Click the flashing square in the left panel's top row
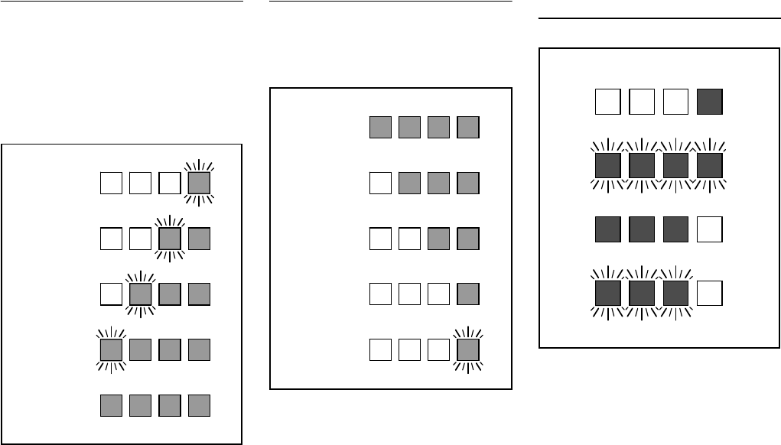coord(199,184)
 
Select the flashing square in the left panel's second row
coord(169,238)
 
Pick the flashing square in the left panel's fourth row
coord(111,349)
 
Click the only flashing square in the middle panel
coord(467,349)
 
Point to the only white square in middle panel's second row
coord(380,184)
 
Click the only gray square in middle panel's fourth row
coord(467,294)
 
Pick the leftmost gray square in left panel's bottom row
coord(111,405)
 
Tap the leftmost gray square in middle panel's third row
coord(438,239)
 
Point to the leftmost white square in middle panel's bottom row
coord(380,349)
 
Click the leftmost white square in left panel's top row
coord(111,184)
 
